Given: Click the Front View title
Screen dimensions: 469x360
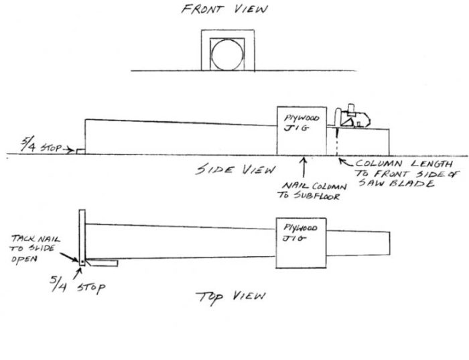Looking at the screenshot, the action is pyautogui.click(x=224, y=9).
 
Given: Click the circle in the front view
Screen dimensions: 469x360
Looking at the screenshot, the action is pyautogui.click(x=227, y=55).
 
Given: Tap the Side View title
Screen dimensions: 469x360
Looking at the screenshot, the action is pyautogui.click(x=235, y=170).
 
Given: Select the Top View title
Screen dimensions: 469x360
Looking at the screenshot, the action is pyautogui.click(x=230, y=297).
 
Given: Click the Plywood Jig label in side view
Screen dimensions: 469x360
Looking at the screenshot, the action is pyautogui.click(x=301, y=123).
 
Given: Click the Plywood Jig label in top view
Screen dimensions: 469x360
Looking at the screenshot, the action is pyautogui.click(x=299, y=233).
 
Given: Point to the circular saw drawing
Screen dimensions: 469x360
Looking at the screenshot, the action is pyautogui.click(x=352, y=117).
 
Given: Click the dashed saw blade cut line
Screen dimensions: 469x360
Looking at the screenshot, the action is pyautogui.click(x=337, y=141).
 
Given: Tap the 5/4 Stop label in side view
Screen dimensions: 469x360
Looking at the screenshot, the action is pyautogui.click(x=41, y=145).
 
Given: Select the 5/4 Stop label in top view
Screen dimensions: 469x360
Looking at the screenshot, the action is pyautogui.click(x=77, y=284).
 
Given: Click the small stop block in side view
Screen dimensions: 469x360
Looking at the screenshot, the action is pyautogui.click(x=80, y=152).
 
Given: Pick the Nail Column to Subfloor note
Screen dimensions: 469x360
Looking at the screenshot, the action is pyautogui.click(x=312, y=191).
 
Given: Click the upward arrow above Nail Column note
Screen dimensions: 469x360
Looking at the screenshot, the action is pyautogui.click(x=304, y=167).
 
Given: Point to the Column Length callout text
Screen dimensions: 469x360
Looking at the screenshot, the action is pyautogui.click(x=407, y=173).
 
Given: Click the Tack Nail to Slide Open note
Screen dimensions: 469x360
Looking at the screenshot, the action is pyautogui.click(x=36, y=248).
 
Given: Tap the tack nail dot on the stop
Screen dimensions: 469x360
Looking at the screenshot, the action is pyautogui.click(x=82, y=262).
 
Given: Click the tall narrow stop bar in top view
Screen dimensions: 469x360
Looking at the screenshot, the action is pyautogui.click(x=82, y=237).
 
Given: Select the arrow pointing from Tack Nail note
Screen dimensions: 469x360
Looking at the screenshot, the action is pyautogui.click(x=69, y=257).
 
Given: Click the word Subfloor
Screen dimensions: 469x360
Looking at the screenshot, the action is pyautogui.click(x=317, y=196).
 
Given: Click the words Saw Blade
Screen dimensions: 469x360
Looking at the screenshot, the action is pyautogui.click(x=397, y=183).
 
